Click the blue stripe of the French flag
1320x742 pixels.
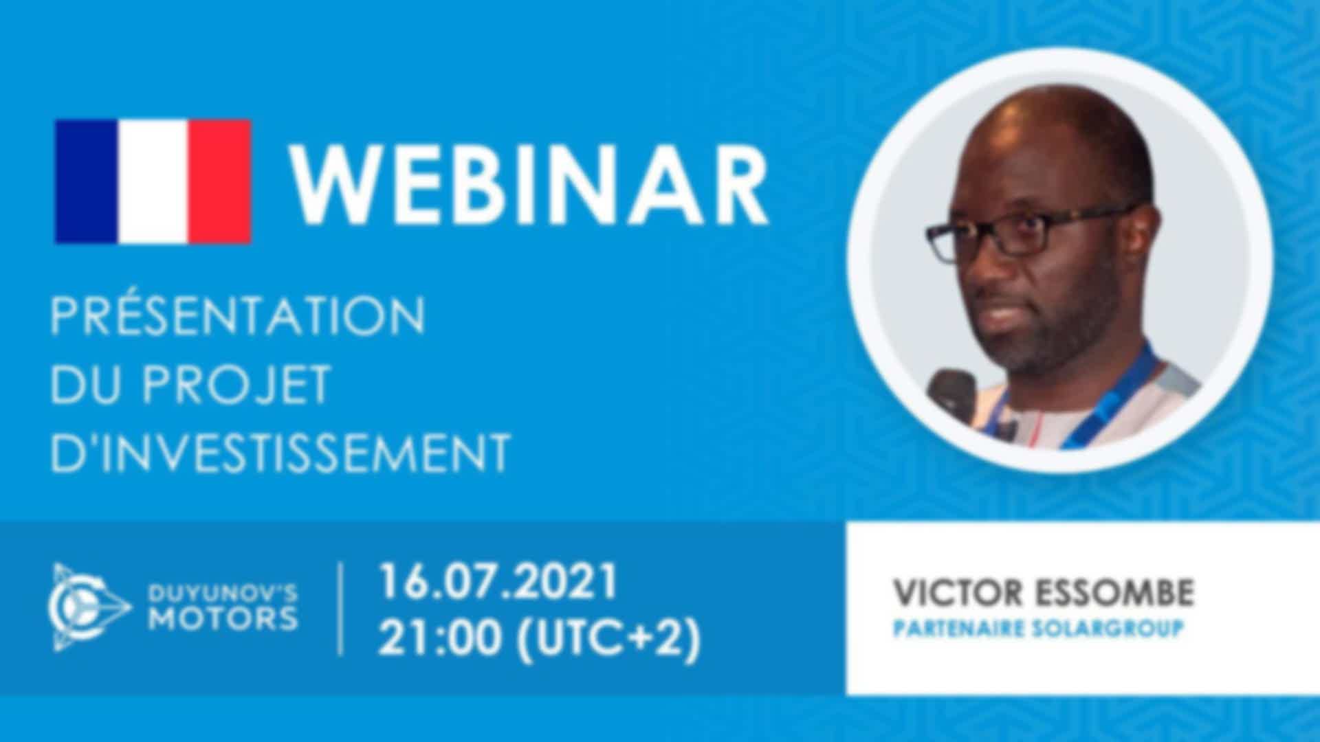[86, 181]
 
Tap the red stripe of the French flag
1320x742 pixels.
[219, 181]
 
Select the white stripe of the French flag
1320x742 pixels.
[153, 181]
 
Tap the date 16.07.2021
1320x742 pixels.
[498, 582]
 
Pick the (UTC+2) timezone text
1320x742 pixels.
[608, 639]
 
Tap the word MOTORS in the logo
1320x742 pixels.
[223, 619]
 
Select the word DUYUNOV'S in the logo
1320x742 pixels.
[223, 592]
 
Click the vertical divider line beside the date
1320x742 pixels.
[342, 609]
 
